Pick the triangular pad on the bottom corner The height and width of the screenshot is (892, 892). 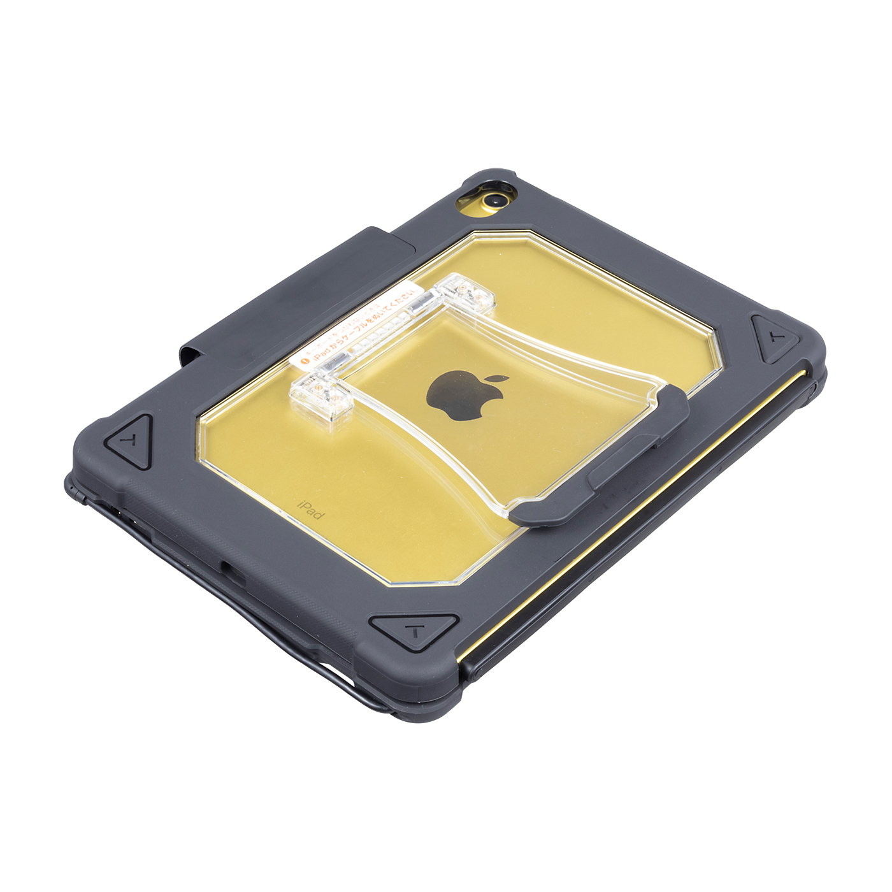click(415, 630)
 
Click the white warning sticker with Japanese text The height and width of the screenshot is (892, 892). click(357, 331)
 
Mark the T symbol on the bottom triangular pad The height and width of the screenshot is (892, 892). click(415, 632)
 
